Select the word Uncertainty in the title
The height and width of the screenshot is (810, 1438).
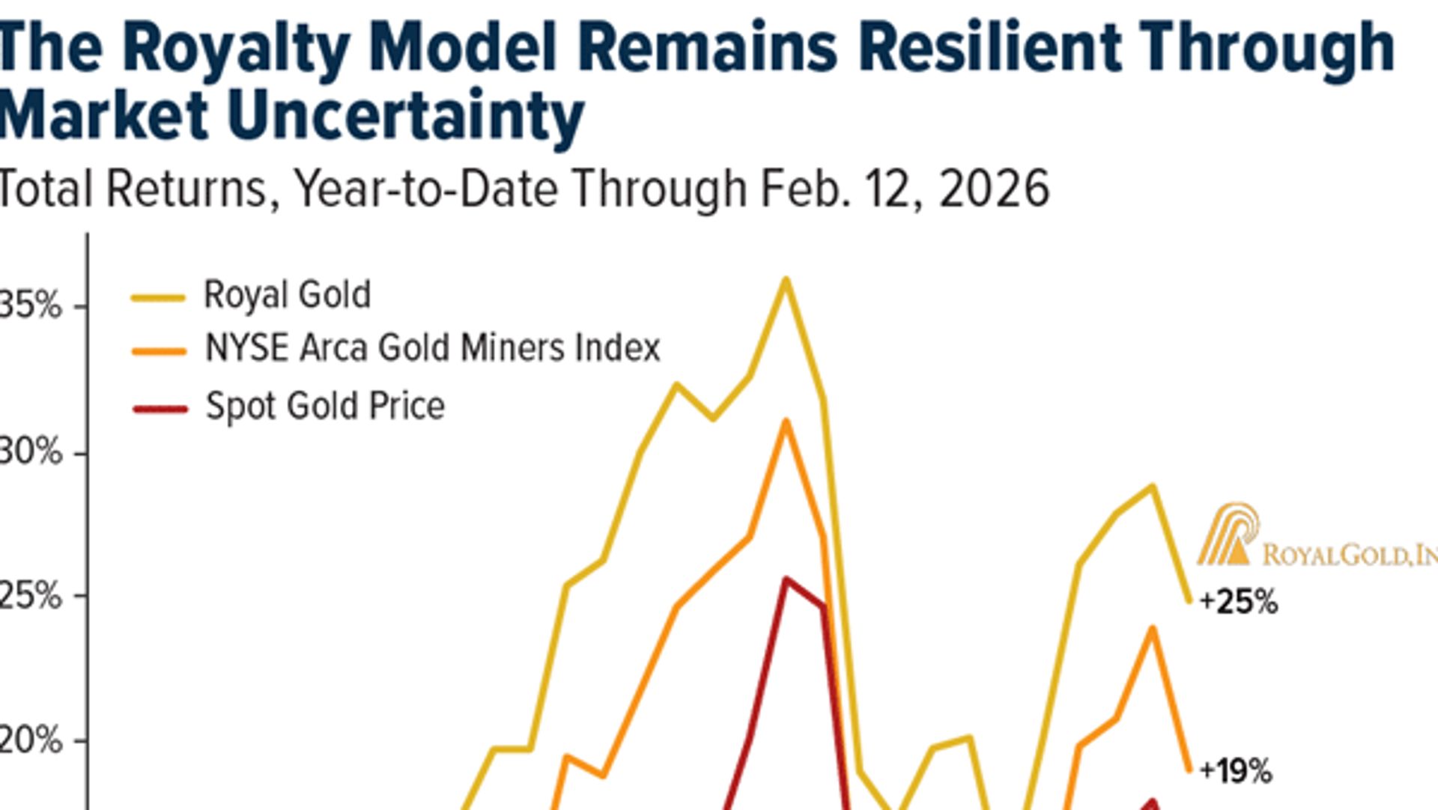405,116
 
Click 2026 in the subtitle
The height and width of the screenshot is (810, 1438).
994,189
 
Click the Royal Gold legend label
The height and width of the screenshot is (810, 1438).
287,295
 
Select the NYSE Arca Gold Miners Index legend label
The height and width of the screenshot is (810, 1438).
433,348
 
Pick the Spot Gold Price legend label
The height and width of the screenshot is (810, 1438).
325,406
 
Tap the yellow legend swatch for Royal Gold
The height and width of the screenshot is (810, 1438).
158,298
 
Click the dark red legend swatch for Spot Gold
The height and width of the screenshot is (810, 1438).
160,409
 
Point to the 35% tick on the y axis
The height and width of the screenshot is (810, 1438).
30,305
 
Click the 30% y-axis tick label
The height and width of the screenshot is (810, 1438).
30,452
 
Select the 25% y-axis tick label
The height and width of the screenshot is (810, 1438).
30,597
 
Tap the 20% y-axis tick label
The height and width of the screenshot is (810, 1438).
30,741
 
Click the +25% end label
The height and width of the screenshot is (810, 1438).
1238,602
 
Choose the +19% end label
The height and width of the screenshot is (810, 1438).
1236,770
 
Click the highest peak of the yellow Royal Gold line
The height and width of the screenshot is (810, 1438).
786,280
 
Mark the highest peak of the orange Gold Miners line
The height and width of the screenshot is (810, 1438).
786,421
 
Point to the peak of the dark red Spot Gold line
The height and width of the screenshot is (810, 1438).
786,579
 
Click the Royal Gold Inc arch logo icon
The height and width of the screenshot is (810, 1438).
1226,534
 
